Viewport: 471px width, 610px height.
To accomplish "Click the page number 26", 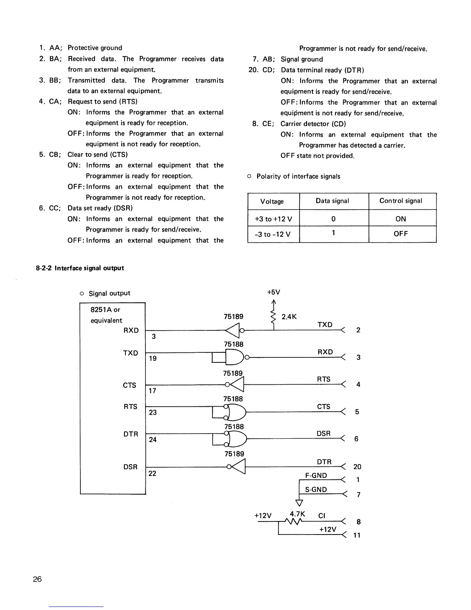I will click(37, 579).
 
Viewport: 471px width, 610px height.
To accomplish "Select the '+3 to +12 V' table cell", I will click(273, 219).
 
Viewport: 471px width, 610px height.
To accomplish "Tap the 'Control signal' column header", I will click(401, 201).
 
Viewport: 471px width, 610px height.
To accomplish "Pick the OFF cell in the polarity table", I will click(401, 234).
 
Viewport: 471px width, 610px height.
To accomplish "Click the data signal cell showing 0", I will click(333, 219).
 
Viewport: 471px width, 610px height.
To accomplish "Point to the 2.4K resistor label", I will click(289, 317).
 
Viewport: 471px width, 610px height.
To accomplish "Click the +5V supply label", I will click(274, 292).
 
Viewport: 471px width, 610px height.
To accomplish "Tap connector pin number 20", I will click(357, 467).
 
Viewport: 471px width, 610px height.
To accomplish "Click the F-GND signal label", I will click(316, 476).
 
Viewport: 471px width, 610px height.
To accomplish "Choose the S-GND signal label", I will click(316, 489).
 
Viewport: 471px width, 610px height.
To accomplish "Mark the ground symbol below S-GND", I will click(299, 502).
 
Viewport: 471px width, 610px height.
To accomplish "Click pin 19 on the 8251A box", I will click(153, 358).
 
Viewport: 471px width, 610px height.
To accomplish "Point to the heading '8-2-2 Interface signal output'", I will click(80, 268).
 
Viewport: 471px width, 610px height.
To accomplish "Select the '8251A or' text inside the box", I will click(105, 310).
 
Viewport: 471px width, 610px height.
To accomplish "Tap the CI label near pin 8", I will click(322, 516).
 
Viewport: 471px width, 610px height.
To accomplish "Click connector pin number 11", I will click(357, 535).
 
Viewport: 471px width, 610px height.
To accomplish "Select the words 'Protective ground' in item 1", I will click(95, 48).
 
